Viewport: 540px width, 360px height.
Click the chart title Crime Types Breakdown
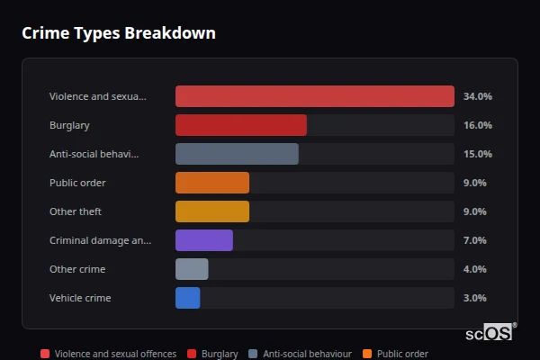[119, 33]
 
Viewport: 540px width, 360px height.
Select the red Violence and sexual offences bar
[314, 96]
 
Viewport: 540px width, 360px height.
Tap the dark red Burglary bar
[240, 125]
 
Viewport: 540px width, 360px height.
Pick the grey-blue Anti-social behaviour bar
[237, 154]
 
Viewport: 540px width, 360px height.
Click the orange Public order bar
[211, 183]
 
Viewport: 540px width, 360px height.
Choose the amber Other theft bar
[211, 211]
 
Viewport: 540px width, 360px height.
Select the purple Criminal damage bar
[203, 240]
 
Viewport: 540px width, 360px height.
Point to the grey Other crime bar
[192, 269]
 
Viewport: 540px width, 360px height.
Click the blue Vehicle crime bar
[187, 298]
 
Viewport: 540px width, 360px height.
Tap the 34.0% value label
[477, 96]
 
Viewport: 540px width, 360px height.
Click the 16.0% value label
[477, 125]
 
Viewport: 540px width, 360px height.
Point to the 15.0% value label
[477, 154]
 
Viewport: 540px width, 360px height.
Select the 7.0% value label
[474, 240]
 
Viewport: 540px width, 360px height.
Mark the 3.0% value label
[474, 298]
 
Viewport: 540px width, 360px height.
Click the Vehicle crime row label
[80, 298]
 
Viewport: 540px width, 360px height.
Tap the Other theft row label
[76, 211]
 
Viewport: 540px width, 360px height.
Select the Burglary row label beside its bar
[69, 125]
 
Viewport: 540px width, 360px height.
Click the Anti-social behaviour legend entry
[300, 355]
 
